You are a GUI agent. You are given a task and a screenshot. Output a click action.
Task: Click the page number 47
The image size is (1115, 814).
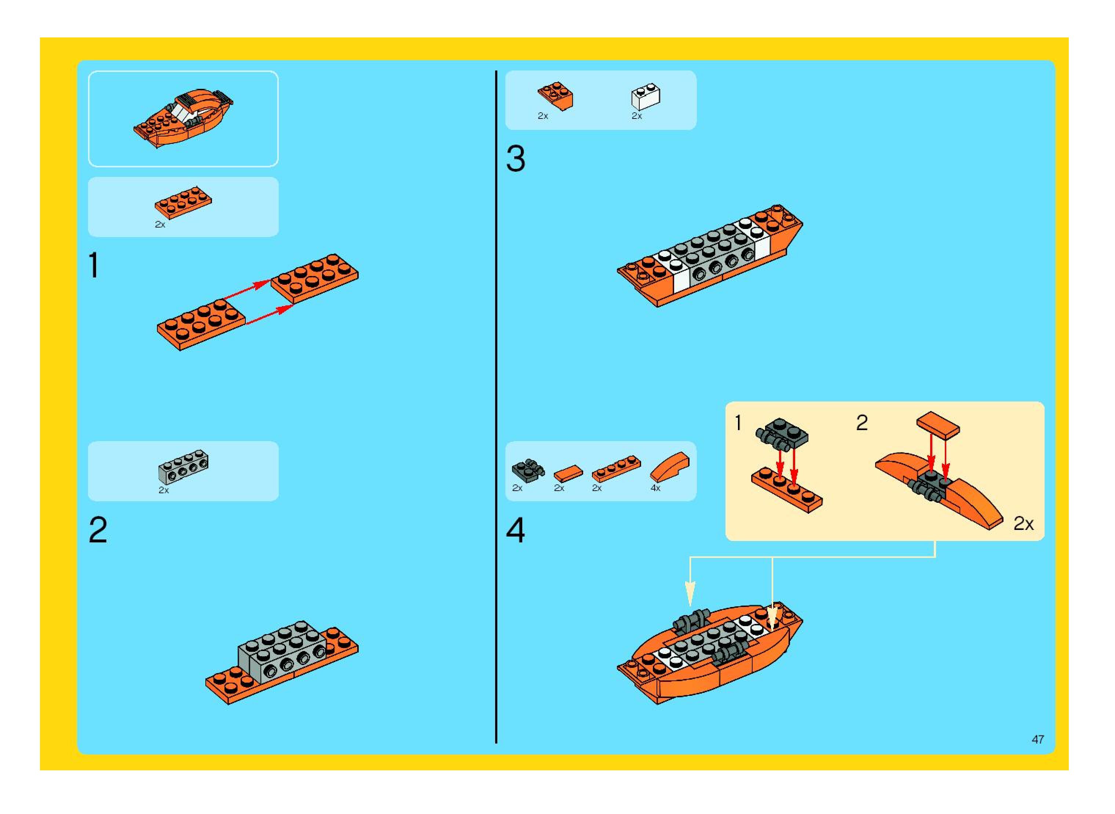pos(1038,739)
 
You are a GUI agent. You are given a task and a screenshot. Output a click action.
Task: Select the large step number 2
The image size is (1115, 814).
pos(98,530)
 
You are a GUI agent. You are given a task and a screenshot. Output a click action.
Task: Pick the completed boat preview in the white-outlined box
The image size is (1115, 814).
pos(183,118)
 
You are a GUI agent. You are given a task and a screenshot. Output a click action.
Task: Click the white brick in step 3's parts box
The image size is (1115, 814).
pos(646,97)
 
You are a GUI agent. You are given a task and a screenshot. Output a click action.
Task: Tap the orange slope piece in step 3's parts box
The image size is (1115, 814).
pos(555,96)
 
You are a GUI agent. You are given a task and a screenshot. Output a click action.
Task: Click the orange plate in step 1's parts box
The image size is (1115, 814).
pos(184,203)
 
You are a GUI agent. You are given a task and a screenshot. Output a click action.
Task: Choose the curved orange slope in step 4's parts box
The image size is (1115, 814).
pos(669,466)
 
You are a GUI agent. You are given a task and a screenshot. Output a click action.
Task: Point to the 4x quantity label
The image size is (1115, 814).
pos(655,488)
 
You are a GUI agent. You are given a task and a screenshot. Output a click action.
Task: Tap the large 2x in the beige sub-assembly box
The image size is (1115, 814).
pos(1023,523)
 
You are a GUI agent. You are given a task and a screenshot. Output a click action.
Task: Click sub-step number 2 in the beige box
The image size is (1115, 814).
pos(862,423)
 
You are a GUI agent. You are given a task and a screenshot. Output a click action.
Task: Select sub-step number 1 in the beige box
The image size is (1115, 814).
pos(738,423)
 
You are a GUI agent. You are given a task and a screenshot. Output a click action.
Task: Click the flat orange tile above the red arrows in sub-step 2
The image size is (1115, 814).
pos(938,425)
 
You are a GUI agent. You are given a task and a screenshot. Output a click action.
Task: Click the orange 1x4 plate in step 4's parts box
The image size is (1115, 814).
pos(616,468)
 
